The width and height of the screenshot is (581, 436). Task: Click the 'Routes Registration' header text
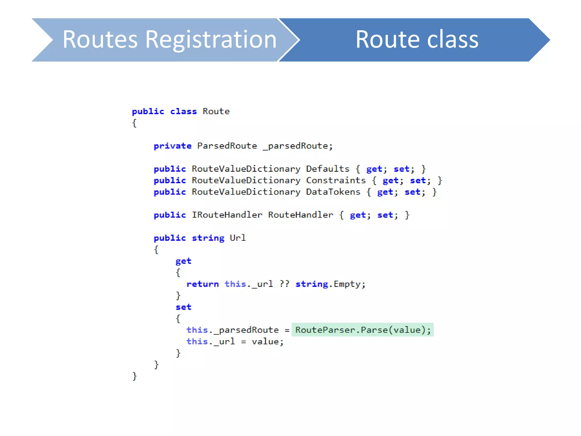[169, 39]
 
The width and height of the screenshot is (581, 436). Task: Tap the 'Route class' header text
[417, 39]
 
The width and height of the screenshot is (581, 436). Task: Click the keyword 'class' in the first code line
[183, 112]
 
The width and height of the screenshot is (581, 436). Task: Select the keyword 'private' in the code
[172, 146]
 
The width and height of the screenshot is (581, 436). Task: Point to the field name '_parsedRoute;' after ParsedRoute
[298, 146]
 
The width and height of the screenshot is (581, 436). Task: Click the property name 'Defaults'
[328, 169]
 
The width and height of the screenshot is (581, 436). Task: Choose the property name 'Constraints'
[336, 181]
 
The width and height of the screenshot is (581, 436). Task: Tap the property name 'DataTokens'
[333, 192]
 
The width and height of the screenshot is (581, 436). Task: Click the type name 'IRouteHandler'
[227, 215]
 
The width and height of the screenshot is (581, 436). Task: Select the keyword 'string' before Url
[208, 238]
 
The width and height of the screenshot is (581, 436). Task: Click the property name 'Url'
[238, 238]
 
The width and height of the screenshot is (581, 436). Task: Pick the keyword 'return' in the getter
[203, 284]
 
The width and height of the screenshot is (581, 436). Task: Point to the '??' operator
[284, 284]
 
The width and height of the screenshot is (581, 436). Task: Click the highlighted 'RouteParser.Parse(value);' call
[363, 330]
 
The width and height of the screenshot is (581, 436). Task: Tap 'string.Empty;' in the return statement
[330, 284]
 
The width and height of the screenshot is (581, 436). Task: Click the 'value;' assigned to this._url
[268, 341]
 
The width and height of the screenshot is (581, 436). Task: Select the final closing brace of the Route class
[134, 376]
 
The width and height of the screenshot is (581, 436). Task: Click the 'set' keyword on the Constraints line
[418, 181]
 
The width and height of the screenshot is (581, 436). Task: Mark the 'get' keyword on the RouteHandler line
[358, 215]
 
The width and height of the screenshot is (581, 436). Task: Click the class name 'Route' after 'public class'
[216, 112]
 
